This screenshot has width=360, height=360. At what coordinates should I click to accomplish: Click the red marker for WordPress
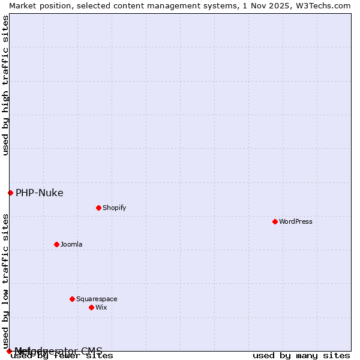point(275,221)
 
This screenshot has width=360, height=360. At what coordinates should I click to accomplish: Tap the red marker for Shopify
point(98,208)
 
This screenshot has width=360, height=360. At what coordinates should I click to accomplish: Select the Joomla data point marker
point(56,244)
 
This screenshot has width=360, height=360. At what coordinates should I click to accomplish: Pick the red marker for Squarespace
point(72,299)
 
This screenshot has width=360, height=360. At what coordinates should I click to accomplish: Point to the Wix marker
point(91,307)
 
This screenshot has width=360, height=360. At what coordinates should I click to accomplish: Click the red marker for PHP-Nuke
point(10,193)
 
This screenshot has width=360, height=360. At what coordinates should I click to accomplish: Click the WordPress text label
point(296,221)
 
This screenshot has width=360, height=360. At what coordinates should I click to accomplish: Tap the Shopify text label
point(114,208)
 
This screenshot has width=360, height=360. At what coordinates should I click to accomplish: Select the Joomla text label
point(71,244)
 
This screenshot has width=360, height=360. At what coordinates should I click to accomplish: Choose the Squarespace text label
point(97,299)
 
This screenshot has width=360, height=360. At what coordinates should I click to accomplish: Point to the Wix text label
point(101,307)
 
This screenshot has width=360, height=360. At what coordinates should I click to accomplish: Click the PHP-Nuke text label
point(40,193)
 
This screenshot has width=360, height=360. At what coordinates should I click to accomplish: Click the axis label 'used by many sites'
point(301,356)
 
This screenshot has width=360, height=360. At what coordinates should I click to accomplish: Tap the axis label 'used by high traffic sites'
point(5,85)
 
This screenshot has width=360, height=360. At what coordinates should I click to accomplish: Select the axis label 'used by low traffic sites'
point(5,281)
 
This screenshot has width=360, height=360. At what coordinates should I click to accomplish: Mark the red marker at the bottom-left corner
point(9,351)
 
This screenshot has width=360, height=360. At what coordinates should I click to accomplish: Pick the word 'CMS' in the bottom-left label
point(92,350)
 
